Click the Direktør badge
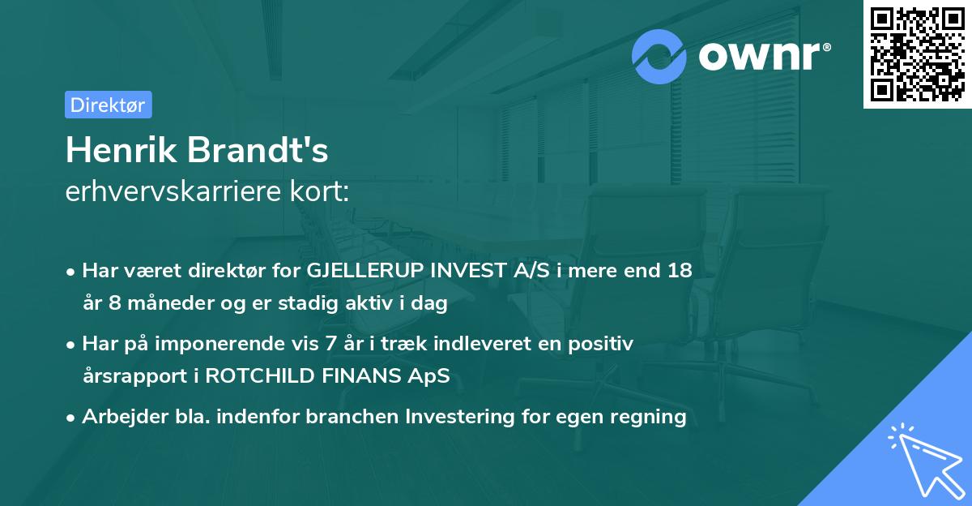pyautogui.click(x=108, y=105)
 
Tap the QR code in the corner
pyautogui.click(x=917, y=54)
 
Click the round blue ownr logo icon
pyautogui.click(x=659, y=56)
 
